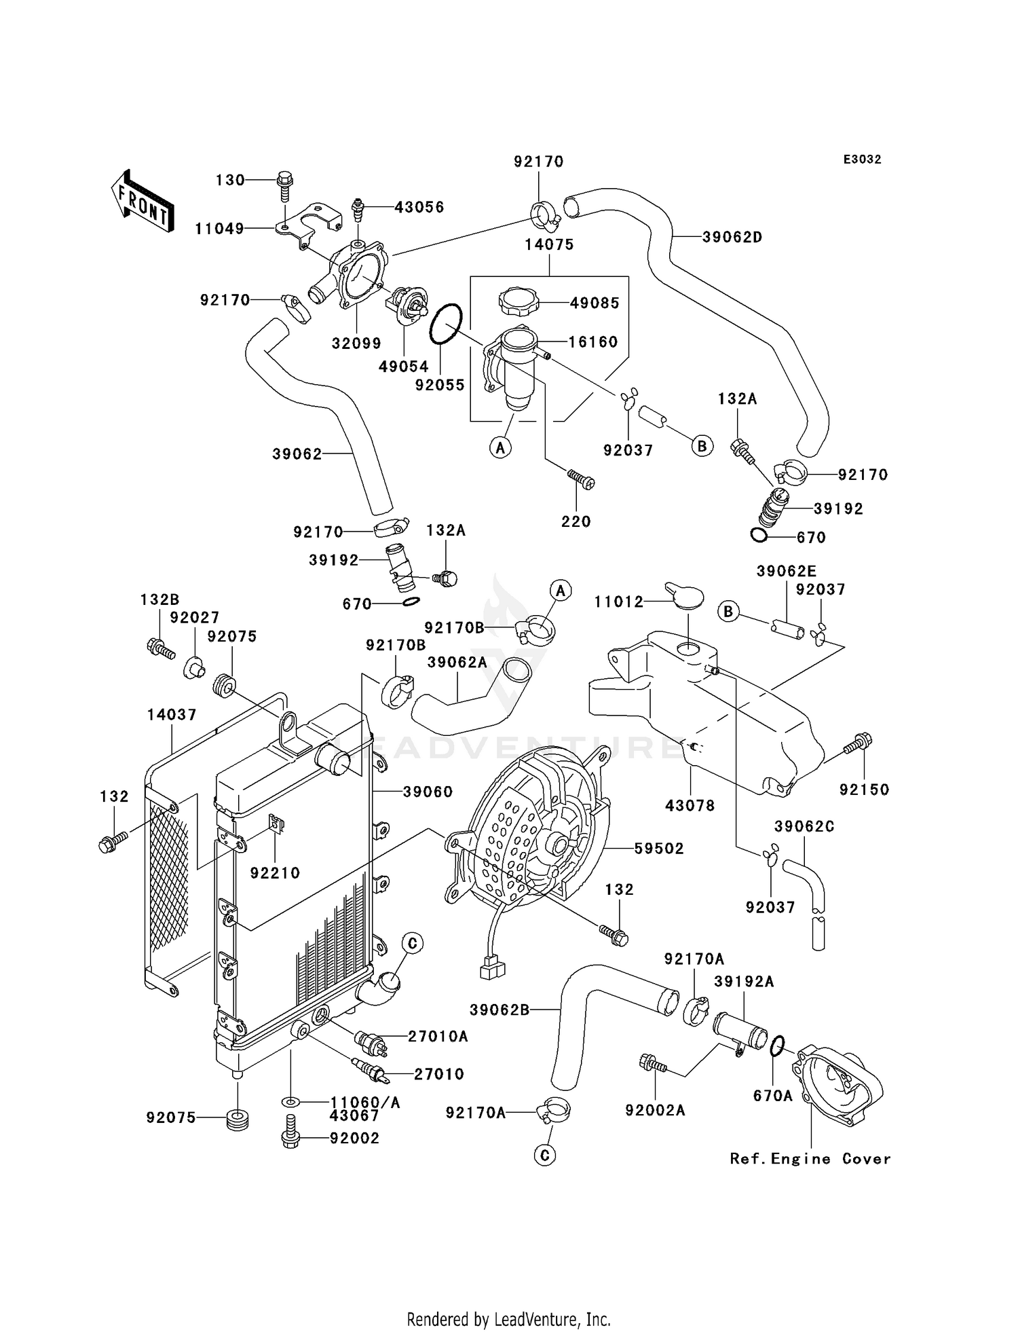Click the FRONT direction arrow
tap(142, 202)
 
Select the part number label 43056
tap(419, 207)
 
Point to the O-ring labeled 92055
tap(446, 324)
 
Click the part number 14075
tap(549, 244)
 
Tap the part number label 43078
tap(690, 806)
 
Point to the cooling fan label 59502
tap(658, 849)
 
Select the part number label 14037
tap(172, 715)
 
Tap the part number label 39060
tap(428, 792)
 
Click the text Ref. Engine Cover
tap(810, 1159)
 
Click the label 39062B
tap(499, 1010)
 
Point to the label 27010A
tap(438, 1037)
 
